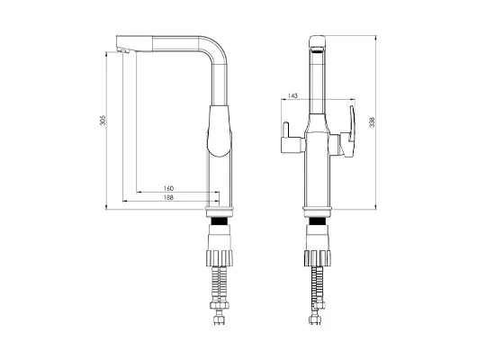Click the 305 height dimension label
pos(103,121)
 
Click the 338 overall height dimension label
pos(372,122)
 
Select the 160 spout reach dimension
pos(168,188)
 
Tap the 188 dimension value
pos(168,197)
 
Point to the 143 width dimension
pos(292,95)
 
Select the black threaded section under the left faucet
pos(220,221)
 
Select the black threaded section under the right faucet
pos(318,221)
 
